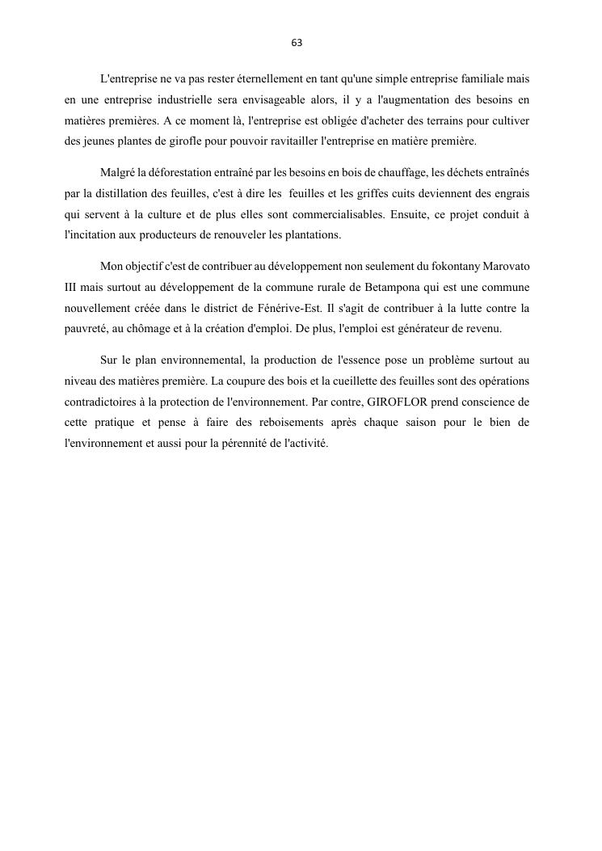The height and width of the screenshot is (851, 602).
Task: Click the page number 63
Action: [x=297, y=43]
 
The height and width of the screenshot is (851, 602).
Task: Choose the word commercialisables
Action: [x=331, y=213]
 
